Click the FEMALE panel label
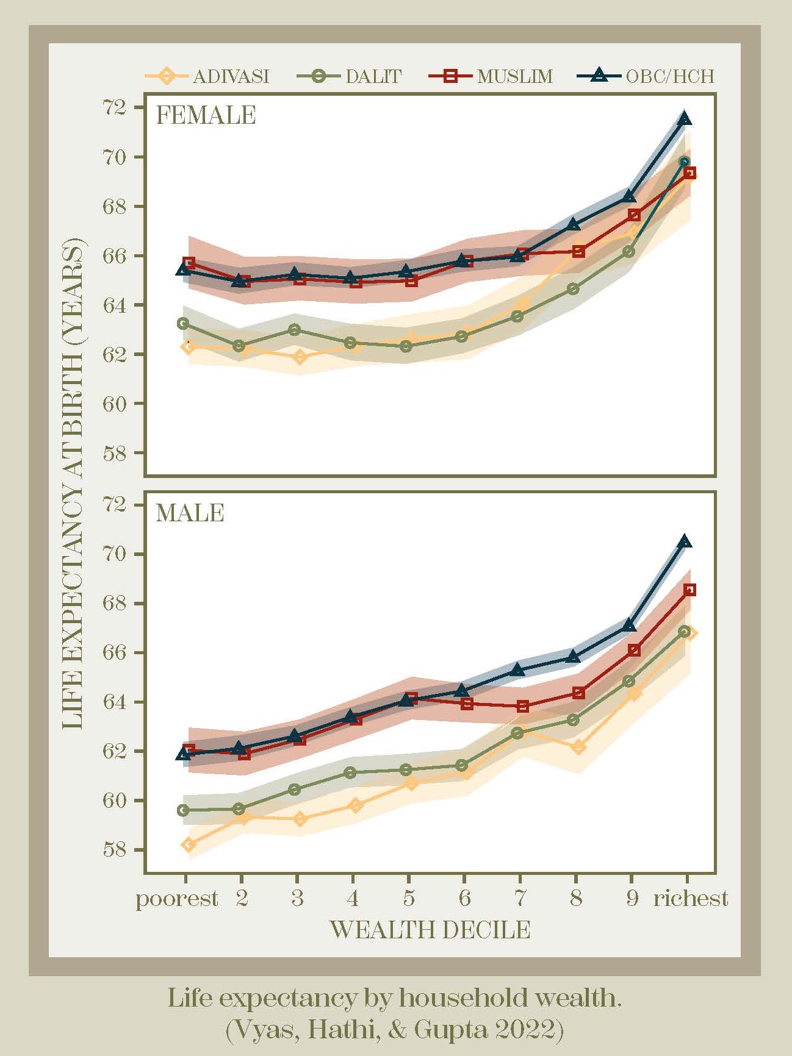(206, 115)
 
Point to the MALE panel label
(190, 513)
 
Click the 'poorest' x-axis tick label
(176, 899)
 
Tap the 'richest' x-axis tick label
(690, 899)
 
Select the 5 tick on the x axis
(408, 899)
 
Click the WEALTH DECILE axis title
(430, 930)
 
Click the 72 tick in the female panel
(114, 108)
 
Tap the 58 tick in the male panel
(114, 849)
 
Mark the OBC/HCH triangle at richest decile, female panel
(685, 118)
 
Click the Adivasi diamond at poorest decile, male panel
(189, 844)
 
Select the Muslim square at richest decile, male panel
(689, 590)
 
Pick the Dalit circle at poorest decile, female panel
(183, 323)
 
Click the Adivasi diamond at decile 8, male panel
(578, 747)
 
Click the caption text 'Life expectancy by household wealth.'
(395, 998)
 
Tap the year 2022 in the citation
(528, 1029)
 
